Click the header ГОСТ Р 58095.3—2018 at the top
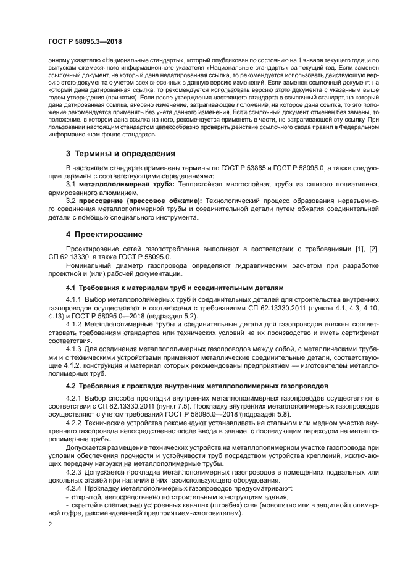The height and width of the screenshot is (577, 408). (85, 42)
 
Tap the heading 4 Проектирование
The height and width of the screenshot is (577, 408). (104, 235)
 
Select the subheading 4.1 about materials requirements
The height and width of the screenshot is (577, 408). (175, 288)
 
